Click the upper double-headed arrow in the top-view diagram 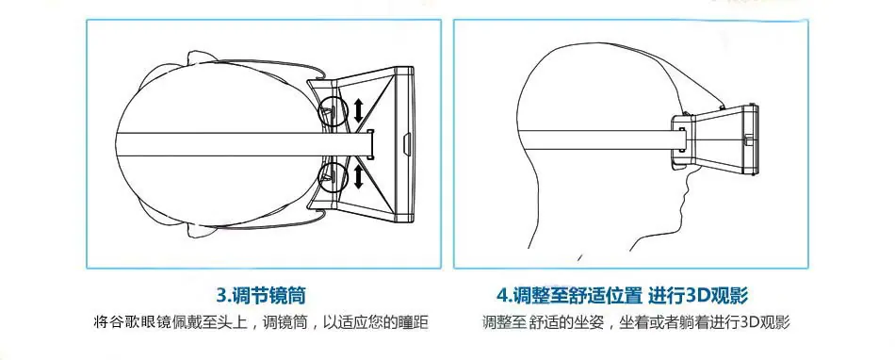pyautogui.click(x=358, y=110)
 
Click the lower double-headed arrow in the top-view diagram pyautogui.click(x=358, y=175)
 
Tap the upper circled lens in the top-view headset pyautogui.click(x=333, y=110)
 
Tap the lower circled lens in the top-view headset pyautogui.click(x=333, y=175)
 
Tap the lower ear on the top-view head pyautogui.click(x=201, y=229)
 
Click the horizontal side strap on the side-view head pyautogui.click(x=598, y=139)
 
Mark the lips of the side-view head pyautogui.click(x=684, y=204)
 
